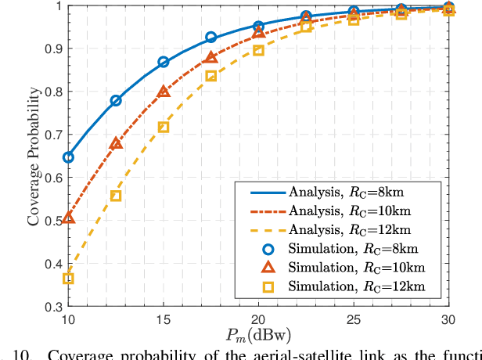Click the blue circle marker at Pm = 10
(x=68, y=157)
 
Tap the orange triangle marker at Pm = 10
(x=68, y=217)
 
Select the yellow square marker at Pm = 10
(x=68, y=279)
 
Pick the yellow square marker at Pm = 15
(x=164, y=127)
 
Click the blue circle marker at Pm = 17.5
(x=211, y=37)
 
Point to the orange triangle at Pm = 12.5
(x=116, y=144)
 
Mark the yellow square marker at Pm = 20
(x=259, y=51)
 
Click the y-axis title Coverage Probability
(x=34, y=157)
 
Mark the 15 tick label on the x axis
(x=164, y=319)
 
